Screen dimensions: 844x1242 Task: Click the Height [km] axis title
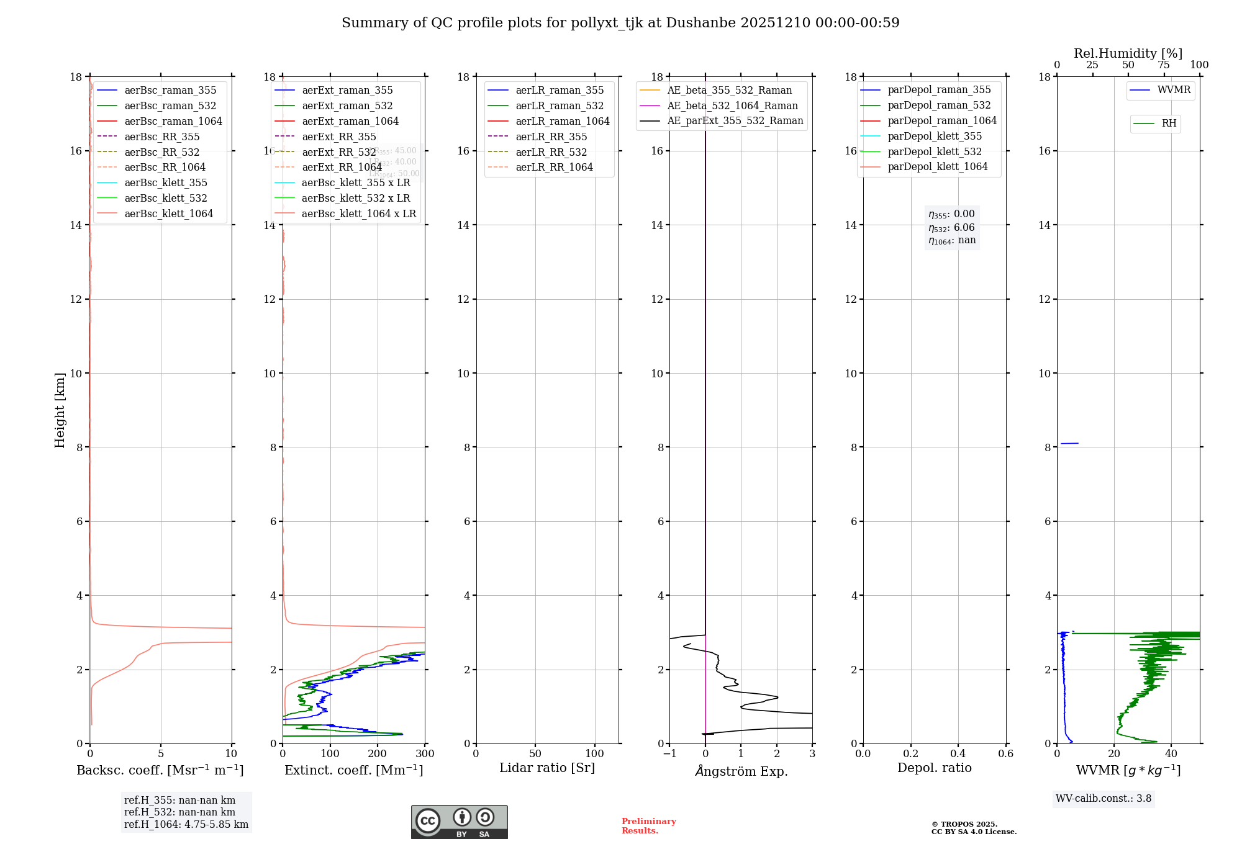tap(60, 410)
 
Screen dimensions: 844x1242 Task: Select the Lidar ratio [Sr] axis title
tap(547, 768)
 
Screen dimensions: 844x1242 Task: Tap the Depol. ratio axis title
tap(934, 768)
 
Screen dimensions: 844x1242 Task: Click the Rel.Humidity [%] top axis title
tap(1128, 53)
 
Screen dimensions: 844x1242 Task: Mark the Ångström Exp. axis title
tap(741, 771)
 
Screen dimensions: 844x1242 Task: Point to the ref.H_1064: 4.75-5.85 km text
tap(186, 825)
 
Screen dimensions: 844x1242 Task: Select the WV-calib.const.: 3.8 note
tap(1103, 799)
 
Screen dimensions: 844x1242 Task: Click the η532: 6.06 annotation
tap(951, 228)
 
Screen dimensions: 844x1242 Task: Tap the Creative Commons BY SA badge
tap(459, 822)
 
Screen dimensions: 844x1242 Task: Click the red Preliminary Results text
tap(648, 826)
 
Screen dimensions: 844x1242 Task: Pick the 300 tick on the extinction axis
tap(425, 754)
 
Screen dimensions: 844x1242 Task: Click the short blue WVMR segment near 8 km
tap(1069, 443)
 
